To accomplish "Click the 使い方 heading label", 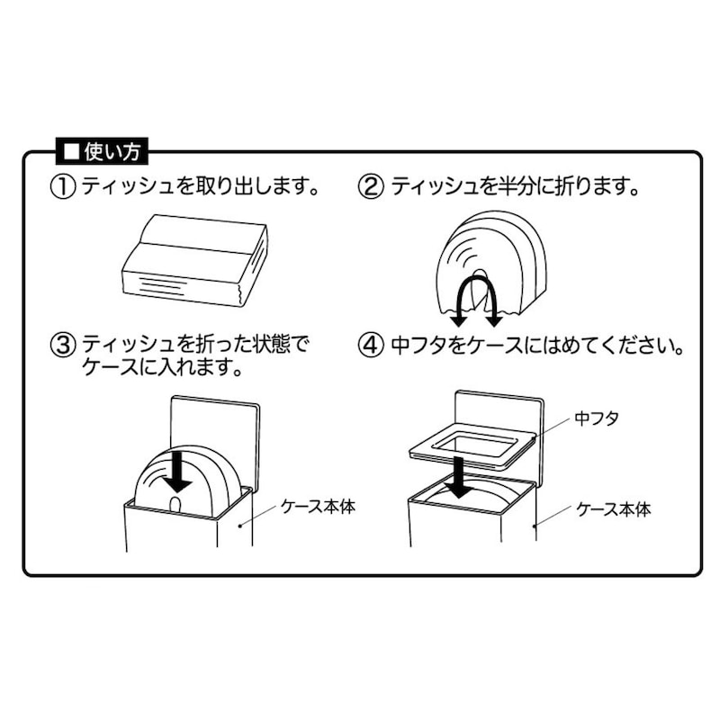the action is [102, 151].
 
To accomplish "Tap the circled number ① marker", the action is [62, 188].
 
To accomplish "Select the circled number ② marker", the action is [371, 188].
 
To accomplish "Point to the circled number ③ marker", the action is [62, 346].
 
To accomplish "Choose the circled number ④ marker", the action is [371, 346].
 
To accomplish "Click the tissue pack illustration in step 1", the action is [193, 260].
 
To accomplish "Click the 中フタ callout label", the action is [597, 418].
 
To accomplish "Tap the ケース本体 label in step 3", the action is [319, 507].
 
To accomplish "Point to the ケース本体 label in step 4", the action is [614, 509].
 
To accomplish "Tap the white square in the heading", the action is [72, 151].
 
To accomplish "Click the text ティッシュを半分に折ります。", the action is [514, 187].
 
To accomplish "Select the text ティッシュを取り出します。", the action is [200, 187].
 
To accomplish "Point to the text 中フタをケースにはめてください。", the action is [537, 346].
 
